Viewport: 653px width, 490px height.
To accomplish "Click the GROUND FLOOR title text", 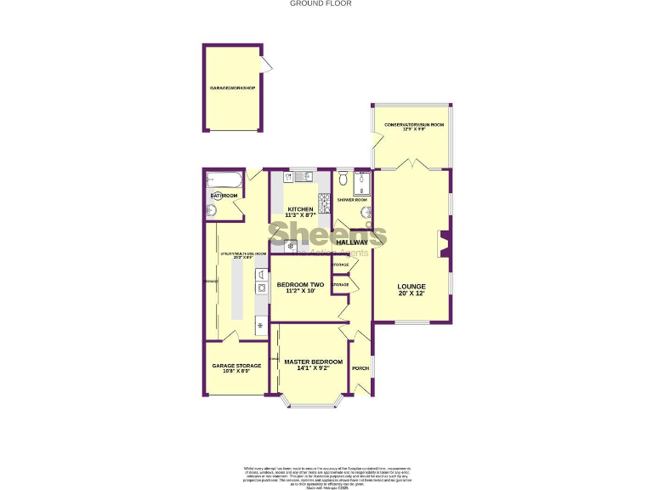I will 321,3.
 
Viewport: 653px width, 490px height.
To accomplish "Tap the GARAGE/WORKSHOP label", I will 233,88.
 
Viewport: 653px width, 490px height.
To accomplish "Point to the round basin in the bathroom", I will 212,210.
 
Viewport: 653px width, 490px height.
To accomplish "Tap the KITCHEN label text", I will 299,209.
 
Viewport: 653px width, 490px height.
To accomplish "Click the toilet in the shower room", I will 342,179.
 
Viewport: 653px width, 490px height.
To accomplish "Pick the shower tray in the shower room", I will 364,184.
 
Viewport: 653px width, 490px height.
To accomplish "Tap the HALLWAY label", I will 352,242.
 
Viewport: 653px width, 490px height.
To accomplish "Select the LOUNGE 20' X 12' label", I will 412,289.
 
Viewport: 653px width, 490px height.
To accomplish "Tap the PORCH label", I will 361,368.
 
